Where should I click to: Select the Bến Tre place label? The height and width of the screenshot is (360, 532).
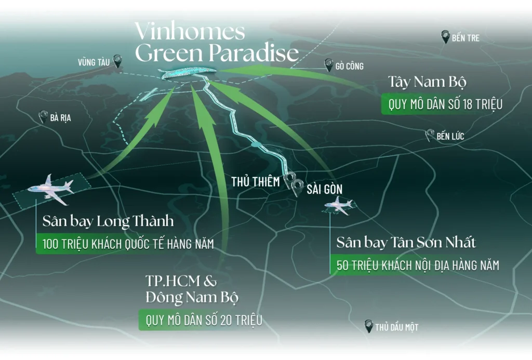[465, 38]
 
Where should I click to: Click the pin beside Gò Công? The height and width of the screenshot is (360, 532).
[328, 65]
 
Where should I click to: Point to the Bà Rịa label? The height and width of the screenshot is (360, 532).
[61, 118]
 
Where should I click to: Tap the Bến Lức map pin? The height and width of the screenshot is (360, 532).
[430, 136]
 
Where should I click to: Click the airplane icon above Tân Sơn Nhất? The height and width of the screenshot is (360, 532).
[339, 205]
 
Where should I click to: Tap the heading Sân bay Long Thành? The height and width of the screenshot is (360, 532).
[108, 222]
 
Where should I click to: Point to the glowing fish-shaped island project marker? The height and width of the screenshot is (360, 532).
[188, 74]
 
